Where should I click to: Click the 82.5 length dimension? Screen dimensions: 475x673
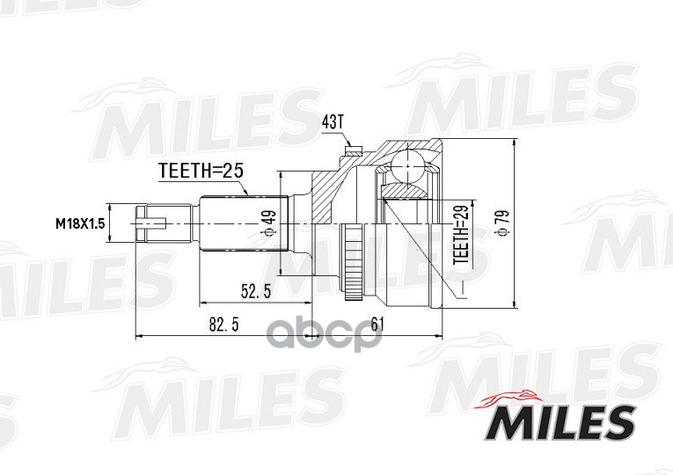pyautogui.click(x=223, y=325)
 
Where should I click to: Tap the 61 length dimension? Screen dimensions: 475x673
pyautogui.click(x=378, y=325)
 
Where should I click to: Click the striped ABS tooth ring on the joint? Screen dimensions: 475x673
pyautogui.click(x=352, y=255)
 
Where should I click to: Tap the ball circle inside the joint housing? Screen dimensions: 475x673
pyautogui.click(x=406, y=165)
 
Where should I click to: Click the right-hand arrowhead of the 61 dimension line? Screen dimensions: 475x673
pyautogui.click(x=437, y=336)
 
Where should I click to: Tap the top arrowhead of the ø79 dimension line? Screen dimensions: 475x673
pyautogui.click(x=515, y=143)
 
